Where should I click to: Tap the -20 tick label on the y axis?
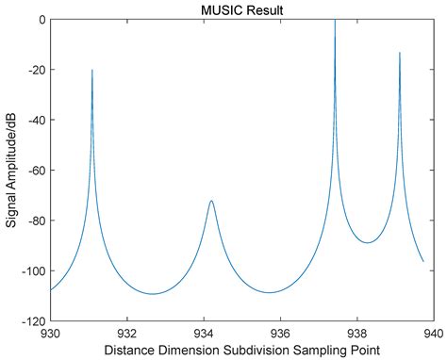coord(35,70)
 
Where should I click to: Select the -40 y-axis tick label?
coord(35,120)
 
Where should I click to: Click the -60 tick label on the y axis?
coord(35,171)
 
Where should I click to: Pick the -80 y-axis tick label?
coord(35,221)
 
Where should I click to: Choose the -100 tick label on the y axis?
coord(32,271)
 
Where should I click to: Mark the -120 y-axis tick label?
coord(32,321)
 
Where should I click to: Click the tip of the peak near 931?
coord(92,70)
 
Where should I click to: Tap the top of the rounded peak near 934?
coord(211,201)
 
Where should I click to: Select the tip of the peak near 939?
coord(399,53)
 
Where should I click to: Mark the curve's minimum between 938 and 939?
coord(368,242)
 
